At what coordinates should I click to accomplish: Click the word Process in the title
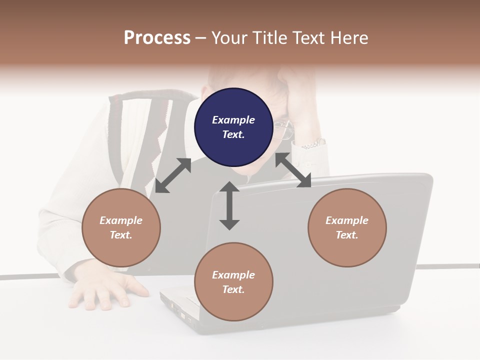click(x=157, y=38)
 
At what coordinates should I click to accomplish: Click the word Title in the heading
click(x=270, y=38)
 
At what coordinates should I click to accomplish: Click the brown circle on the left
click(x=121, y=227)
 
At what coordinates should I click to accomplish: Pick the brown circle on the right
click(x=347, y=227)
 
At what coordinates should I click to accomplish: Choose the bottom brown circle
click(x=233, y=282)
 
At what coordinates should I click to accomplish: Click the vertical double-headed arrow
click(x=229, y=205)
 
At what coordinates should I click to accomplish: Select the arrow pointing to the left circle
click(x=173, y=175)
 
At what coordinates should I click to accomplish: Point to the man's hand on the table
click(x=105, y=290)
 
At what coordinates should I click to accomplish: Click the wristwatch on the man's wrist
click(x=314, y=144)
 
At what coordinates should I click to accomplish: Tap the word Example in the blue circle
click(x=233, y=120)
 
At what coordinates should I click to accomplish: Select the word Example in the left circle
click(x=121, y=220)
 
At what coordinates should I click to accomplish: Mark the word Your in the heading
click(x=229, y=38)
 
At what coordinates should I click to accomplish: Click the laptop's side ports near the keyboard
click(x=178, y=310)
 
